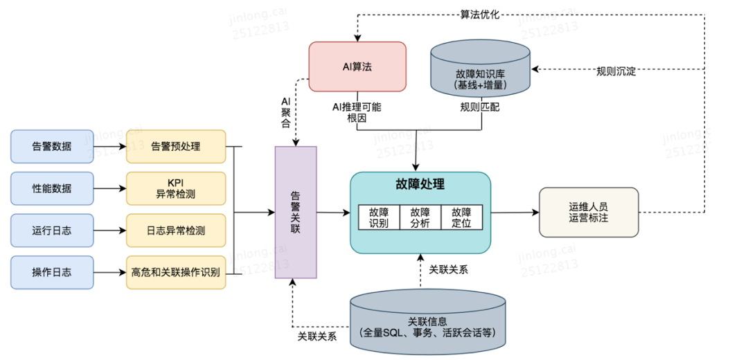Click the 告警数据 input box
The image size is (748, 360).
pos(52,147)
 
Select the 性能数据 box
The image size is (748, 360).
pos(52,188)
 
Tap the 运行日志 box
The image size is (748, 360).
pos(52,231)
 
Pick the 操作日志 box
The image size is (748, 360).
pos(52,272)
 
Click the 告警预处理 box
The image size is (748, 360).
pos(176,147)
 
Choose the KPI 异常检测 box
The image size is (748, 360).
pos(176,188)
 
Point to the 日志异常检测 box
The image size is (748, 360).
pos(176,231)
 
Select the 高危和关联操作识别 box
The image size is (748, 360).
pos(176,272)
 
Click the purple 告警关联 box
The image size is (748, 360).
pos(296,213)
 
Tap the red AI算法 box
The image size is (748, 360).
pos(357,66)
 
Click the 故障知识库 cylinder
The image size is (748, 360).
pos(480,69)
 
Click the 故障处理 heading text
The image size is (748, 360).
pos(420,185)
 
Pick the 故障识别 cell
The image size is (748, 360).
pos(379,217)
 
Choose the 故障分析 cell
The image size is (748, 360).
pos(420,217)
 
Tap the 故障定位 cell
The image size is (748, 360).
pos(461,217)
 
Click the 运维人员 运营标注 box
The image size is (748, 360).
pos(588,213)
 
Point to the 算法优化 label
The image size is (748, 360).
pos(479,13)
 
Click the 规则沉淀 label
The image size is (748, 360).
pos(616,70)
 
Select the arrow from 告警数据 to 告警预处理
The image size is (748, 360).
pos(109,147)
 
